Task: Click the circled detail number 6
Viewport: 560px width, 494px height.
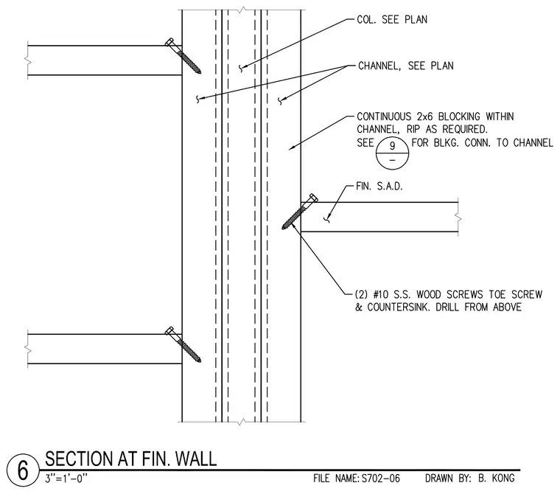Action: click(x=23, y=470)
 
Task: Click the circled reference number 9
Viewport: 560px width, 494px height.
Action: click(x=392, y=146)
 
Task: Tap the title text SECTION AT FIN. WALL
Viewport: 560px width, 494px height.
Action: click(x=130, y=459)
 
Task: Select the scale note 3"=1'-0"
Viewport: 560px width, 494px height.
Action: click(x=66, y=479)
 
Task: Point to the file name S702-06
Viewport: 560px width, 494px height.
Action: click(x=381, y=479)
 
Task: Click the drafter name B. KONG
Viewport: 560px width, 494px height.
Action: click(x=497, y=479)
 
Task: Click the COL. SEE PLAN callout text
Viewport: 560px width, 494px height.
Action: click(x=392, y=20)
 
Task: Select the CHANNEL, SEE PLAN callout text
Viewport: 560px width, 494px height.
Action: click(x=406, y=66)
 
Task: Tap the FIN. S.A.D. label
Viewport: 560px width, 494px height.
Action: click(x=379, y=187)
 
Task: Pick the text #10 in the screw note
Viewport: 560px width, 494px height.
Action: click(x=381, y=294)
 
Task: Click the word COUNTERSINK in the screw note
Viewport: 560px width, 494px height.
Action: click(x=398, y=307)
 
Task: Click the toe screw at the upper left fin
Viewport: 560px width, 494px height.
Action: click(x=183, y=56)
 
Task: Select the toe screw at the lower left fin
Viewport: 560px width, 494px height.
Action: click(x=183, y=344)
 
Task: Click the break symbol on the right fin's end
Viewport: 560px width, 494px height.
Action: click(x=458, y=217)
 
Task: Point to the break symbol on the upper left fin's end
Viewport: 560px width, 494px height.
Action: click(x=28, y=60)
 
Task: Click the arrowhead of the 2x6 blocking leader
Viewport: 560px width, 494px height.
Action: click(x=291, y=147)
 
